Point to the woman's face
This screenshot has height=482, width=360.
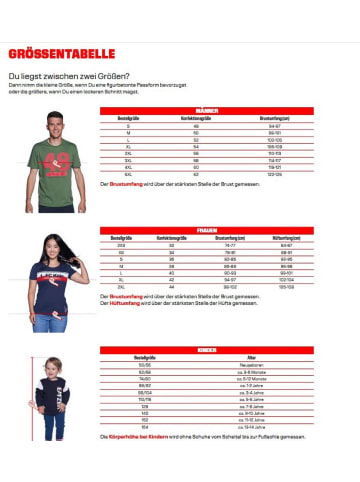pyautogui.click(x=53, y=246)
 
